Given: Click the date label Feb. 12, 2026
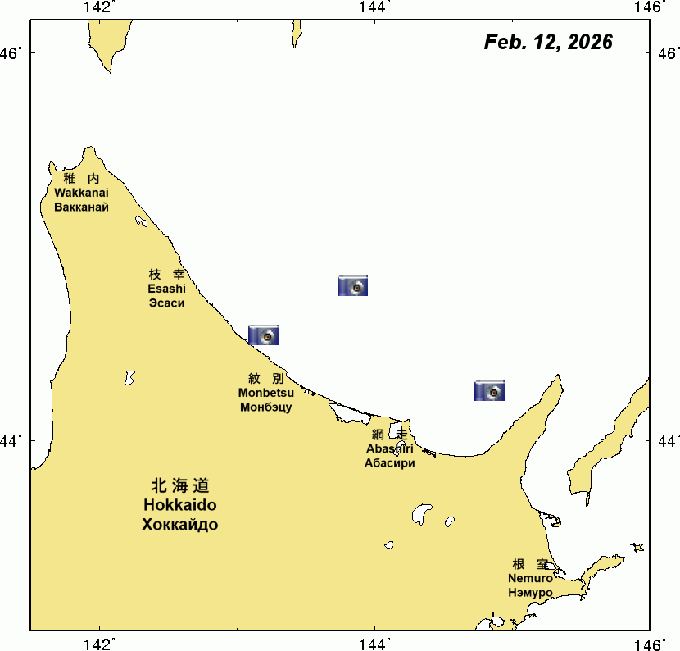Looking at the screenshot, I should [x=548, y=43].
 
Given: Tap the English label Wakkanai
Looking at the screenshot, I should [x=81, y=193].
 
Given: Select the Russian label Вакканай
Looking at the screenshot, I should [x=81, y=207].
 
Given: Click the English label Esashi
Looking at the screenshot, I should [x=166, y=289].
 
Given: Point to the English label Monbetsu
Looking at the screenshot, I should [x=266, y=393].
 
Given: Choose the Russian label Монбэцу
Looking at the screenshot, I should [x=266, y=407].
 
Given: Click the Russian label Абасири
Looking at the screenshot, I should [x=390, y=462].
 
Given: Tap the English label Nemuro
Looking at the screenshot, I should [x=530, y=578].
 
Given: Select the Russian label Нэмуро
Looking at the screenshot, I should [x=530, y=592].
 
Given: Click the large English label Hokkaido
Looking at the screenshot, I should [x=180, y=505].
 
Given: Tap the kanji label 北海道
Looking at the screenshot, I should [x=180, y=485].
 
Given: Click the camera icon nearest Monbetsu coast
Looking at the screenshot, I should [x=264, y=335].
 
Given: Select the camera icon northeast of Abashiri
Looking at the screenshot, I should [x=489, y=391].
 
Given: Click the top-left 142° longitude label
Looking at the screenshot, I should [x=98, y=7].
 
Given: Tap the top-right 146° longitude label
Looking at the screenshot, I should [x=651, y=7].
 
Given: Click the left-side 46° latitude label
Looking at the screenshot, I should [x=11, y=54].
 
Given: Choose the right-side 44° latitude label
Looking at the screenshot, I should [x=667, y=441].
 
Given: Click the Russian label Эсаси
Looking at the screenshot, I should [x=166, y=303].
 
